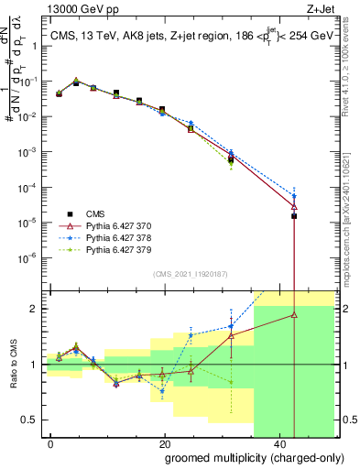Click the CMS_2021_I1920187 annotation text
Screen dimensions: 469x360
[190, 273]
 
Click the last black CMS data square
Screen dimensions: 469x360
[294, 216]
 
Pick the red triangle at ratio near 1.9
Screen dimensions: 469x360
[294, 314]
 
